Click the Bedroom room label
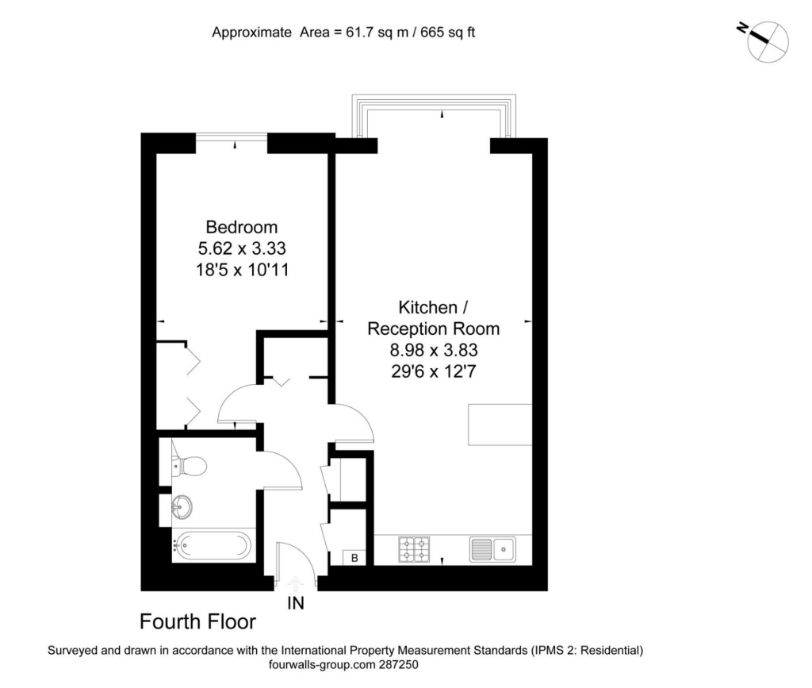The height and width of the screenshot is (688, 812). point(241,227)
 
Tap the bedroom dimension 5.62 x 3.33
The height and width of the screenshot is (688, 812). point(242,248)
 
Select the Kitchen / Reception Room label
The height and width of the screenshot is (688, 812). point(434,318)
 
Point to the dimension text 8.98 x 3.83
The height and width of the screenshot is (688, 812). point(434,350)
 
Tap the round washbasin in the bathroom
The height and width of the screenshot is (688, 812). point(182,505)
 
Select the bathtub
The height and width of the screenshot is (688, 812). point(213,545)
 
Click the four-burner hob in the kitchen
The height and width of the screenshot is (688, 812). point(414,550)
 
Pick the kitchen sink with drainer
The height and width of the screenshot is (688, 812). point(492,549)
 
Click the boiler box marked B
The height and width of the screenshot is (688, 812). point(354,558)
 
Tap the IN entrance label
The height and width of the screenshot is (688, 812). point(296,603)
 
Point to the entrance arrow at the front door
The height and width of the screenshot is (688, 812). point(296,583)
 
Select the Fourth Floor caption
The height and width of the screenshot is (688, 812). point(197,621)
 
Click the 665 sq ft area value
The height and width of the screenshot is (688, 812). point(448,33)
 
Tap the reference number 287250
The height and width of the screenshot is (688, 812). point(398,665)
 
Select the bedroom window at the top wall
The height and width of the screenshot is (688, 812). point(232,136)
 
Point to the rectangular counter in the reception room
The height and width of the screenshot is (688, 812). point(500,425)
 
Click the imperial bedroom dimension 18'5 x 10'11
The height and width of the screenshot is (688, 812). point(242,270)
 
